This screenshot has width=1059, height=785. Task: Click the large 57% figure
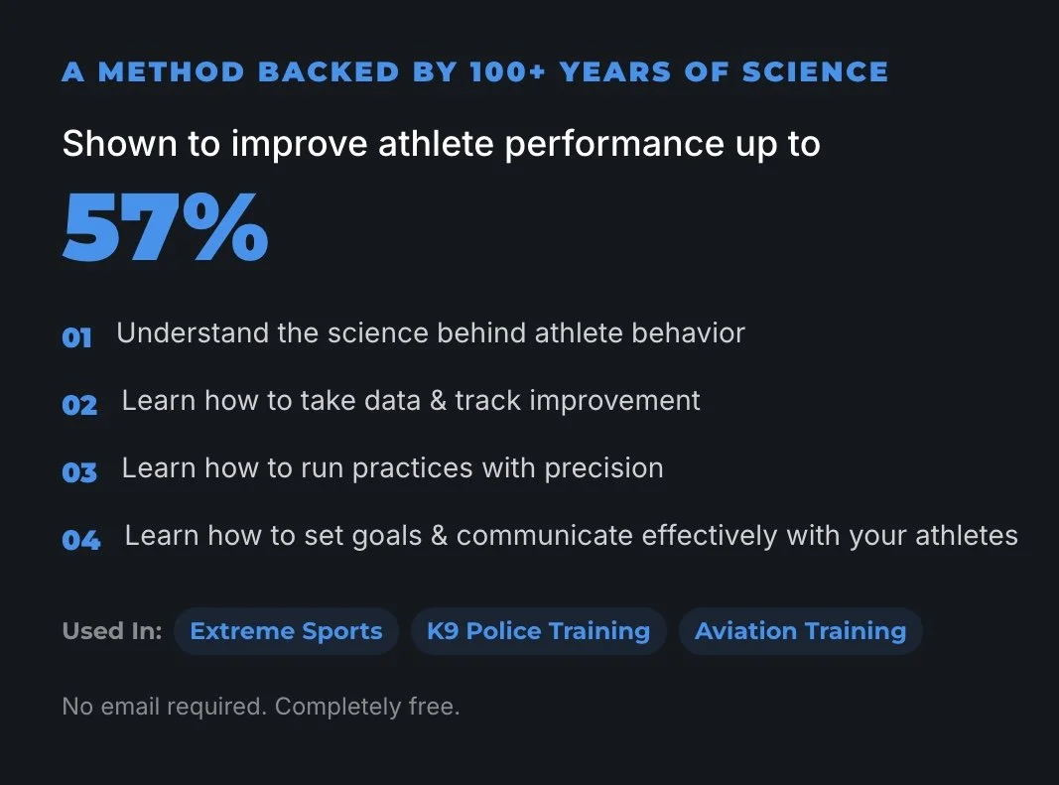pyautogui.click(x=165, y=228)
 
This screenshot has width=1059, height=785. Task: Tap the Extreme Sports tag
pyautogui.click(x=286, y=631)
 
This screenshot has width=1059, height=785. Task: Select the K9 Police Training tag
pyautogui.click(x=538, y=631)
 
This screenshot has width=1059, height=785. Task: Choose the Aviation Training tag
pyautogui.click(x=800, y=631)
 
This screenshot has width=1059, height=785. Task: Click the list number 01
pyautogui.click(x=76, y=337)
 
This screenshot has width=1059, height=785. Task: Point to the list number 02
pyautogui.click(x=79, y=405)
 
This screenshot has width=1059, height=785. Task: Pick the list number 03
pyautogui.click(x=79, y=472)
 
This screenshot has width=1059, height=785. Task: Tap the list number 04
pyautogui.click(x=80, y=540)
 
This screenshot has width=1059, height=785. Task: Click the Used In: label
pyautogui.click(x=111, y=631)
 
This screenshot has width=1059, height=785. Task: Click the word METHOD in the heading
pyautogui.click(x=171, y=72)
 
